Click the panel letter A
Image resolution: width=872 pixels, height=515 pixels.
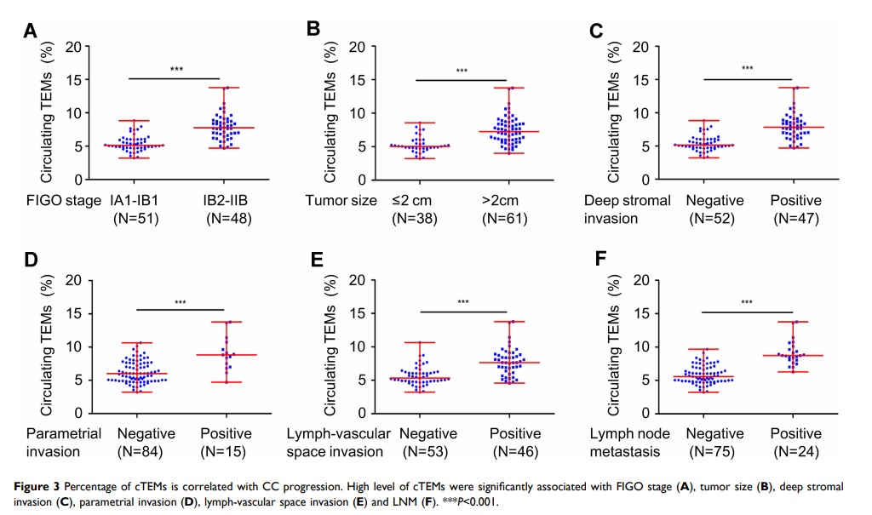click(x=31, y=32)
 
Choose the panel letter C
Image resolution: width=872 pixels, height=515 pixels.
click(x=596, y=31)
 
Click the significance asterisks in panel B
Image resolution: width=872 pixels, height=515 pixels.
click(x=462, y=71)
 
